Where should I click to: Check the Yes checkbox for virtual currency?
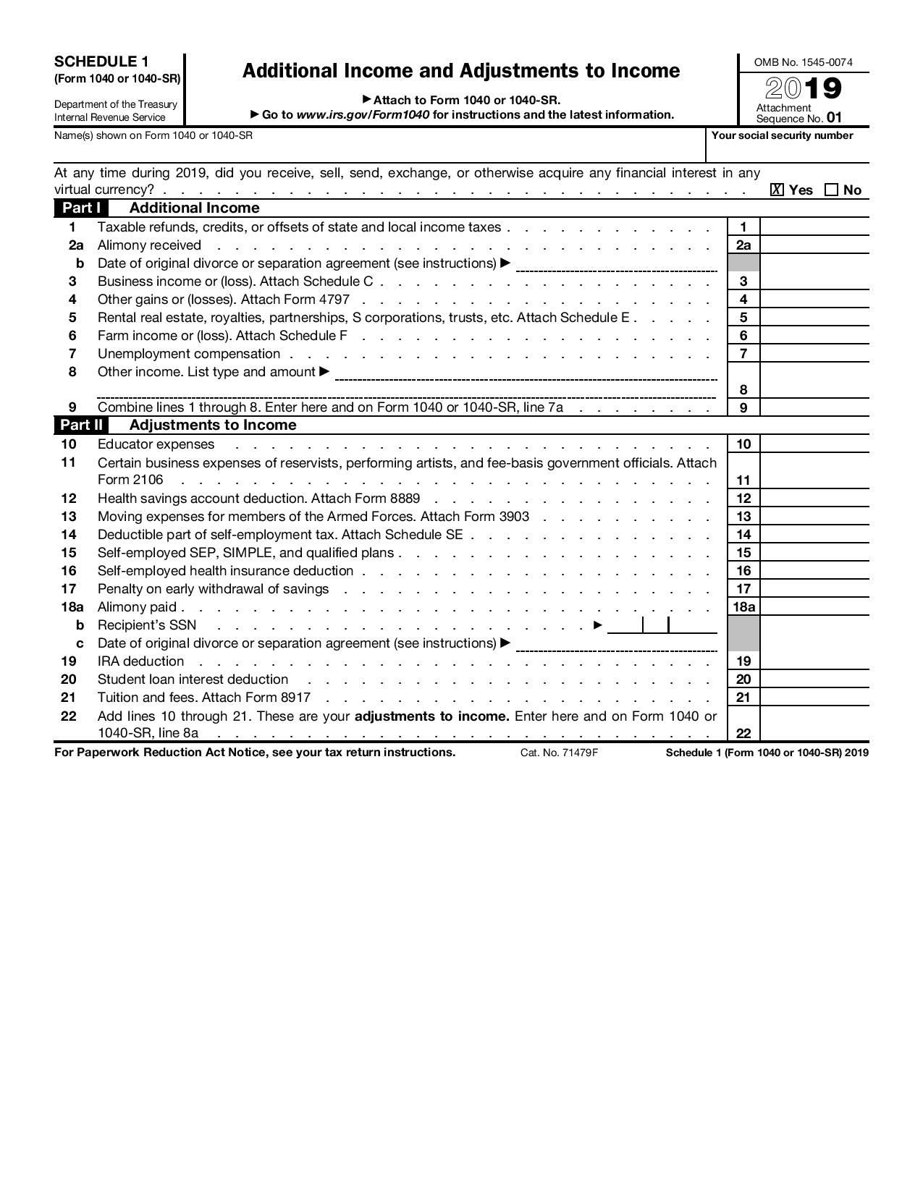coord(777,190)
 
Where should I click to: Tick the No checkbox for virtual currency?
coord(831,190)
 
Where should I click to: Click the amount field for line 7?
coord(814,354)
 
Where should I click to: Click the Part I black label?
coord(81,208)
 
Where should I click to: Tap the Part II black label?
coord(81,425)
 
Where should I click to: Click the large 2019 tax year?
coord(804,89)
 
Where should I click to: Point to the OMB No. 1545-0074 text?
coord(803,62)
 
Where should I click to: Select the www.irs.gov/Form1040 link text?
coord(363,115)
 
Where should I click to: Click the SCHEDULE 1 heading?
coord(101,62)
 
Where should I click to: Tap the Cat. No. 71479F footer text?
coord(559,753)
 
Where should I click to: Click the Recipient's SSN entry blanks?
coord(662,625)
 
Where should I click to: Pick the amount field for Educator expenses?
coord(814,444)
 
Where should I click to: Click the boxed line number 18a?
coord(743,607)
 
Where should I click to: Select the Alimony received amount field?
coord(814,245)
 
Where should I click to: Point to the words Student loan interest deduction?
coord(193,679)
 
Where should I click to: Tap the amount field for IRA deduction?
coord(814,661)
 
